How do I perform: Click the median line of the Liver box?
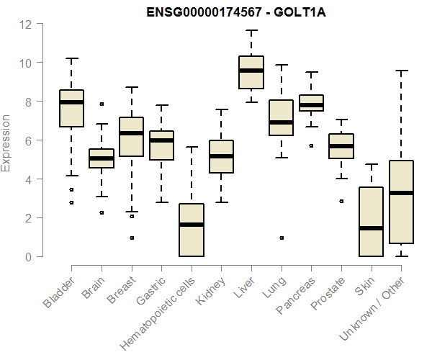pyautogui.click(x=251, y=70)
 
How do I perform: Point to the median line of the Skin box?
pyautogui.click(x=371, y=228)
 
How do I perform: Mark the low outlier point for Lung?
pyautogui.click(x=282, y=238)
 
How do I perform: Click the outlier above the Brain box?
pyautogui.click(x=102, y=104)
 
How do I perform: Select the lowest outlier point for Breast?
pyautogui.click(x=132, y=238)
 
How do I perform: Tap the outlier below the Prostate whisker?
pyautogui.click(x=341, y=201)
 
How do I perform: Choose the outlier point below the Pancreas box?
pyautogui.click(x=311, y=145)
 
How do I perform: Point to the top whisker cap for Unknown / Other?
pyautogui.click(x=401, y=71)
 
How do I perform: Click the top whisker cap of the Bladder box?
pyautogui.click(x=71, y=58)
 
